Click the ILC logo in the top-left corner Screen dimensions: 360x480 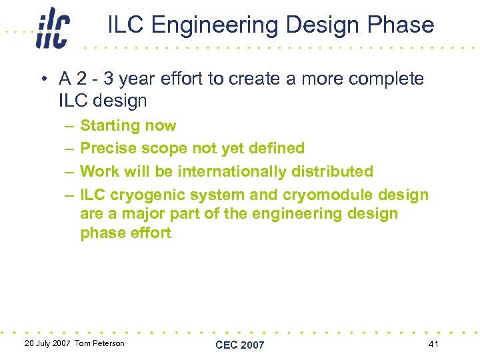pos(53,28)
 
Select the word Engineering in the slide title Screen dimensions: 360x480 pos(220,25)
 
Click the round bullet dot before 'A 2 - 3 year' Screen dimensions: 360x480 pos(43,79)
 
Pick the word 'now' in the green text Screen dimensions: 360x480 pos(161,126)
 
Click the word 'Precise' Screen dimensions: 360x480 pos(106,148)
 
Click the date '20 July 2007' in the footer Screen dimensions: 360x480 pos(47,343)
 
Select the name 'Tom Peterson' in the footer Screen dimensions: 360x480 pos(99,343)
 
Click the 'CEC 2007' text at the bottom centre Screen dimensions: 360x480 pos(240,345)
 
